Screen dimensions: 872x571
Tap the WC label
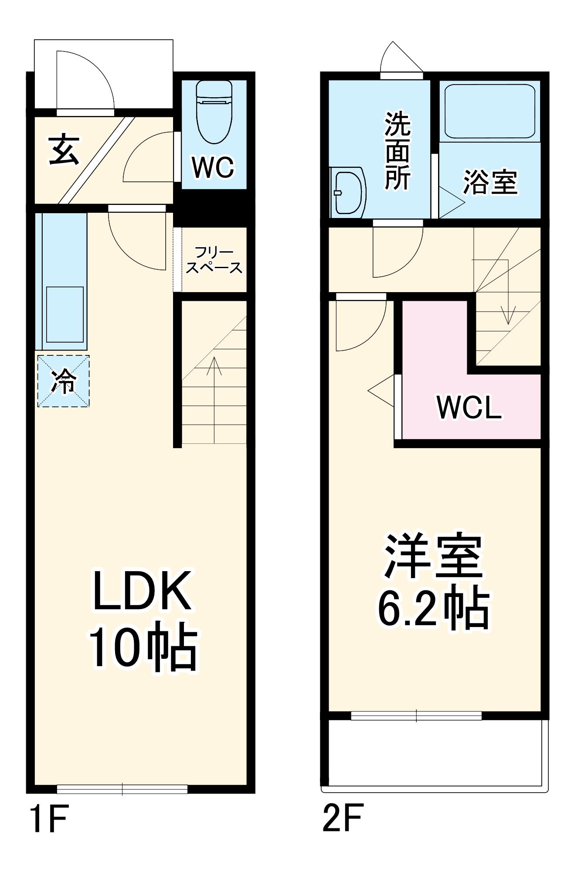(x=213, y=167)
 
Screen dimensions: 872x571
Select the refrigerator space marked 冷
(x=64, y=381)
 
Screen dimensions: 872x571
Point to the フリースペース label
(x=214, y=260)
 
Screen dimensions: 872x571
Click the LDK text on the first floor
(x=142, y=591)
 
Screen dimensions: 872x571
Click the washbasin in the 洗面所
(x=347, y=192)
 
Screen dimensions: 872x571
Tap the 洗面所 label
(x=397, y=151)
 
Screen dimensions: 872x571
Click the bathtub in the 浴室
(x=489, y=111)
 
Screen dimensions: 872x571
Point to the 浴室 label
(x=490, y=182)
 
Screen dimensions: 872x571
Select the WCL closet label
(x=469, y=408)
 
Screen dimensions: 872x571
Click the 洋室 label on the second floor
(x=433, y=556)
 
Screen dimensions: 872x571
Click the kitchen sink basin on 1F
(x=65, y=314)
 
